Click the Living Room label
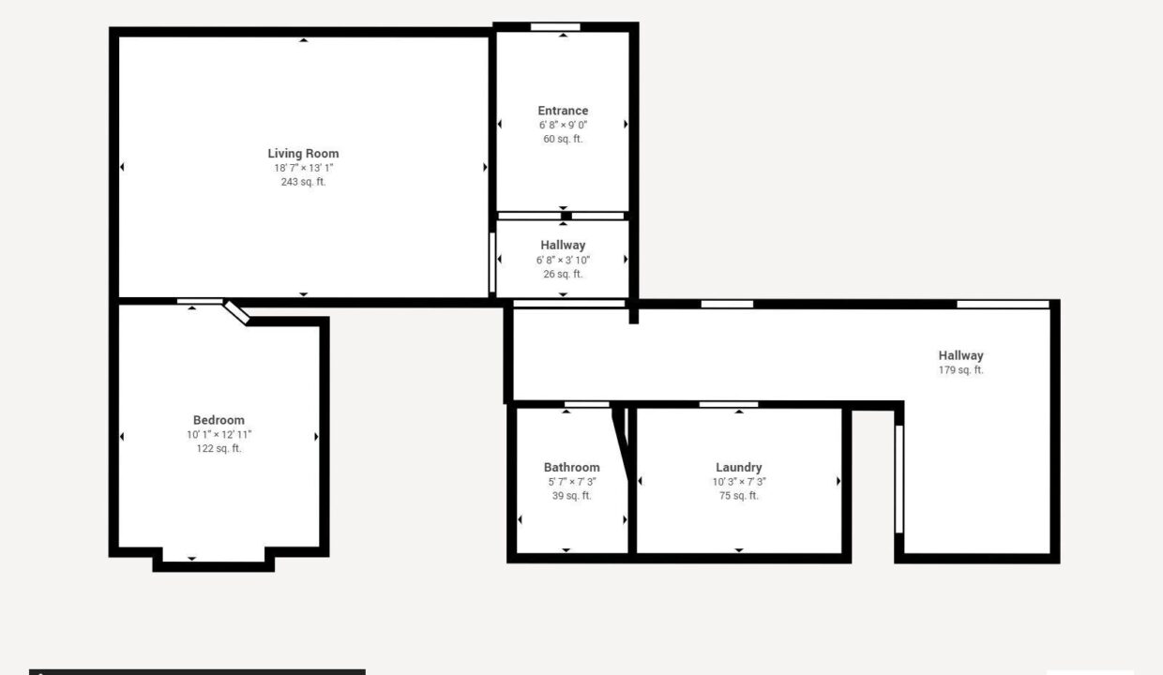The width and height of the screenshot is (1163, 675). coord(303,154)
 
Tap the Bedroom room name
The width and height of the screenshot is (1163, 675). coord(219,420)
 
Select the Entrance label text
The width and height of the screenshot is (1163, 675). coord(563,111)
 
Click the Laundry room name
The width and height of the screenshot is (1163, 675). coord(739,468)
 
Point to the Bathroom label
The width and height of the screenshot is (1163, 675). coord(571,468)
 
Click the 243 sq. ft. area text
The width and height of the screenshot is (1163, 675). coord(303,182)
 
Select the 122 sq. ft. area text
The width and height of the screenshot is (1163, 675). coord(219,449)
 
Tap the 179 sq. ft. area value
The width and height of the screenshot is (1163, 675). coord(960,370)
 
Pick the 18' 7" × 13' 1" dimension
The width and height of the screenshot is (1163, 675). coord(303,168)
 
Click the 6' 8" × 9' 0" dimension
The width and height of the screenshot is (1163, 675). coord(563,125)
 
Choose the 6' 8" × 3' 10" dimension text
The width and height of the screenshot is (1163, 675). coord(563,260)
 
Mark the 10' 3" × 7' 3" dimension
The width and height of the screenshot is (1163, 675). coord(739,482)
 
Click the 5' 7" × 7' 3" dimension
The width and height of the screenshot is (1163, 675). coord(571,482)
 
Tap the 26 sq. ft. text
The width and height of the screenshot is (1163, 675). coord(563,275)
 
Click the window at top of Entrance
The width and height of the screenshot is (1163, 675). coord(555,27)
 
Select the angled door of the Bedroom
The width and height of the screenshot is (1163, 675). coord(236,313)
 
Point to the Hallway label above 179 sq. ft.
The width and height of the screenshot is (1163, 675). coord(960,356)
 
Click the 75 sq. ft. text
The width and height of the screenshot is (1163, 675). coord(739,496)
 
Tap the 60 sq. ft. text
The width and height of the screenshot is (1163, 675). coord(563,139)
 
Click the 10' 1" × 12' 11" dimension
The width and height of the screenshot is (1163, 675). coord(219,435)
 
